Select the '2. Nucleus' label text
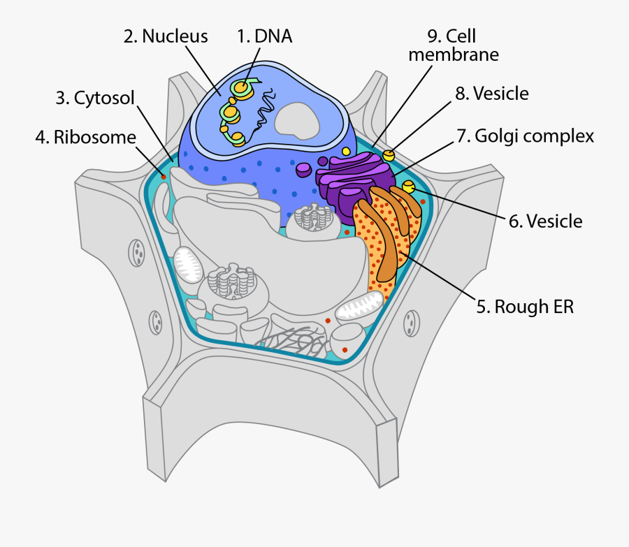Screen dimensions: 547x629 [x=166, y=36]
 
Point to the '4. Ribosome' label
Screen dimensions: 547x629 [x=85, y=137]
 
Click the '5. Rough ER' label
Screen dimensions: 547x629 [x=525, y=306]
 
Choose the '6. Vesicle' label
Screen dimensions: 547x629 [x=545, y=221]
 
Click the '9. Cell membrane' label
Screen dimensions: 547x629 [x=454, y=45]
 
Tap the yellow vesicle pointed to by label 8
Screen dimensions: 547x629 [x=389, y=154]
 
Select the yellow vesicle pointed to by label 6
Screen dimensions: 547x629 [x=409, y=187]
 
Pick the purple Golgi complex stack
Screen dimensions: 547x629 [x=349, y=178]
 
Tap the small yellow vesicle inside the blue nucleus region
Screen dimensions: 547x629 [x=345, y=151]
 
